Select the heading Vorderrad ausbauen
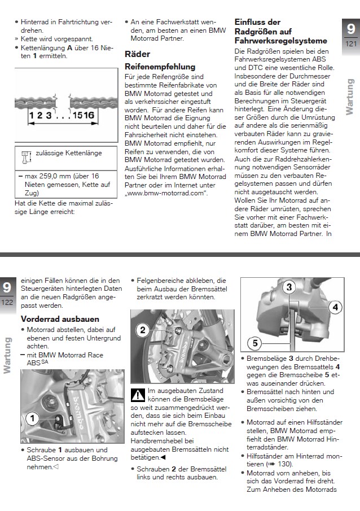(x=60, y=319)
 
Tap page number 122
(x=7, y=303)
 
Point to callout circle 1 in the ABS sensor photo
(x=33, y=418)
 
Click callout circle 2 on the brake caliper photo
(x=143, y=329)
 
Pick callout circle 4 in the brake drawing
(x=335, y=307)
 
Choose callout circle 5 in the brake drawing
(x=254, y=342)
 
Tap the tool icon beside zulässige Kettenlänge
(x=24, y=154)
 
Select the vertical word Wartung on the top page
(x=350, y=95)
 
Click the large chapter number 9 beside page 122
(x=7, y=287)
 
